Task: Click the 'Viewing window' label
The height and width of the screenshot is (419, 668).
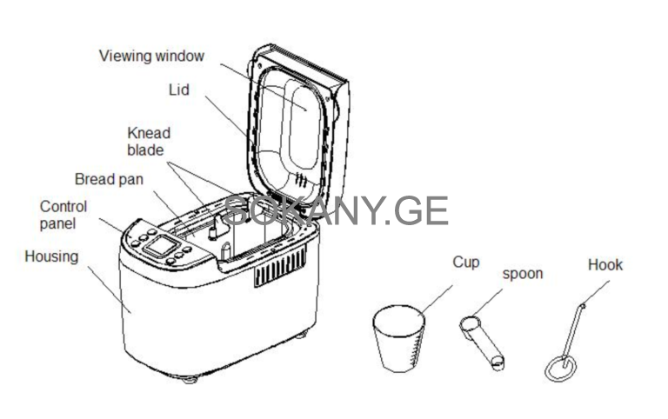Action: [151, 57]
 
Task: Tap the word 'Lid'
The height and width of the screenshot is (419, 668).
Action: [178, 90]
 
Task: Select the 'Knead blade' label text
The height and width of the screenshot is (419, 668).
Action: [149, 142]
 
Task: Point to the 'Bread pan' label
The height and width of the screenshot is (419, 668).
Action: [109, 179]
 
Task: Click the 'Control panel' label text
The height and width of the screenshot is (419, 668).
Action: [63, 215]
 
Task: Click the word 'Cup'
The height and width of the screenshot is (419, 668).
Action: [465, 262]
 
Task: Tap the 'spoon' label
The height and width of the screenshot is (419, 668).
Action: [523, 274]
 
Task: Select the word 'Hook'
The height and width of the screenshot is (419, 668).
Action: [605, 265]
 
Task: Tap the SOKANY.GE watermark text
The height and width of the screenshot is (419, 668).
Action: [336, 211]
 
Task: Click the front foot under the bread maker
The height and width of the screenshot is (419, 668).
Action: [192, 379]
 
